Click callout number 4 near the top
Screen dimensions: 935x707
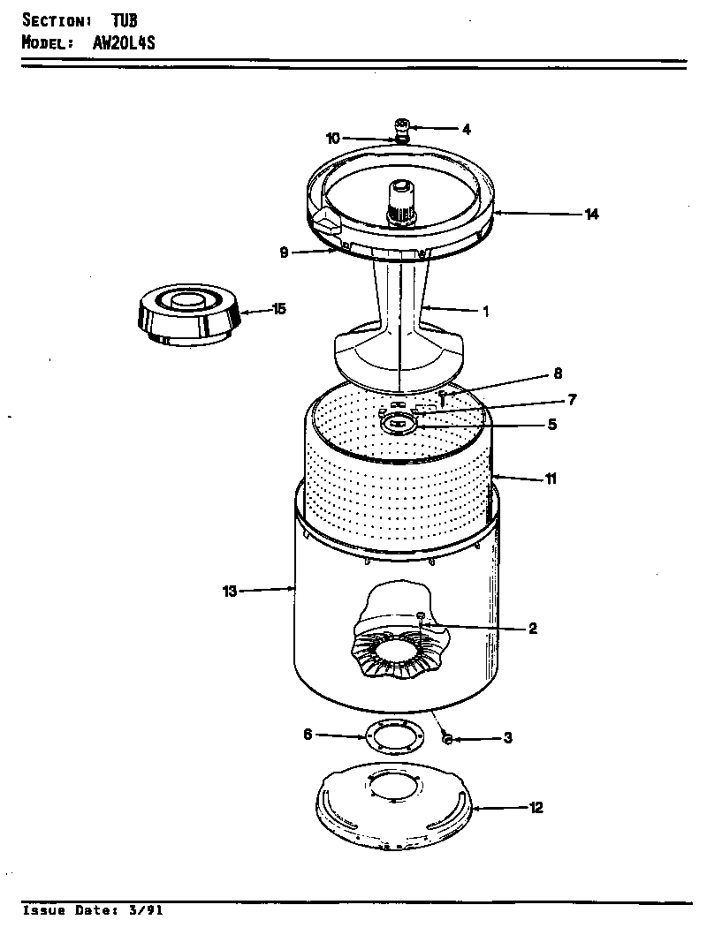point(466,129)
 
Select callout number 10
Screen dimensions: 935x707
point(332,138)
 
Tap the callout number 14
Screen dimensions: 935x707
point(591,214)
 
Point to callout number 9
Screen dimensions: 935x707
point(284,253)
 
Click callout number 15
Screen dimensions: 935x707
point(278,309)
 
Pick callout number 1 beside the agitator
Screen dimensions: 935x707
point(484,311)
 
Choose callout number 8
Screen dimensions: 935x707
point(558,373)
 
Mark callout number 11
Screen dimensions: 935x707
point(550,479)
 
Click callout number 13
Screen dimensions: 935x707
point(230,592)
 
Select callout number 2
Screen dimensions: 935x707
point(532,629)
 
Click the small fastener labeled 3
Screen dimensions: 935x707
point(446,738)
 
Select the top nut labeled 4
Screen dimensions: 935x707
point(402,124)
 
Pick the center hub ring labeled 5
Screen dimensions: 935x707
point(399,425)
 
